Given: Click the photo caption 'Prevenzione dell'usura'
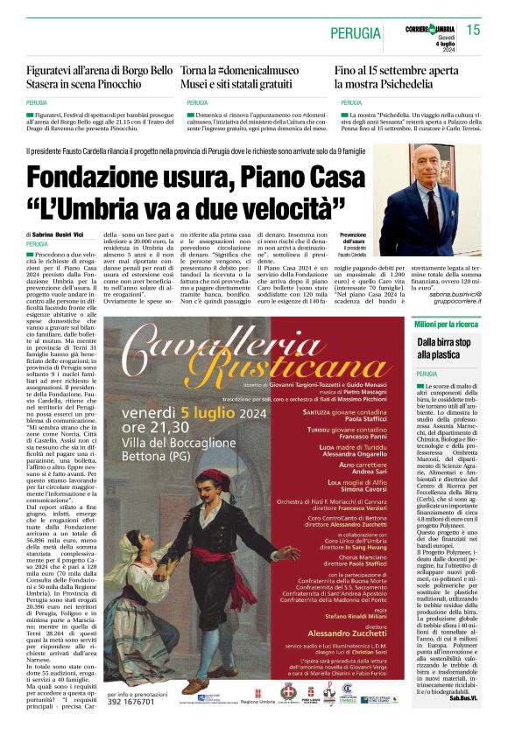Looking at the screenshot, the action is [353, 239].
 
